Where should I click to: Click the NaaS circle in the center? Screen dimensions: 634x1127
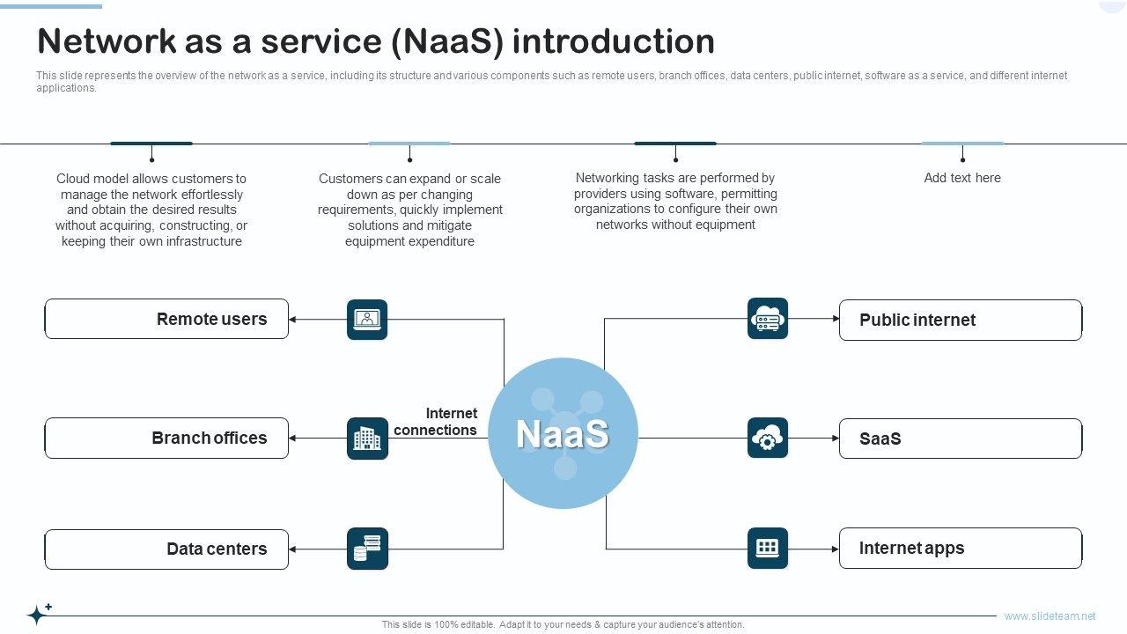pos(563,433)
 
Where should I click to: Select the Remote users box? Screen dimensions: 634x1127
pos(166,319)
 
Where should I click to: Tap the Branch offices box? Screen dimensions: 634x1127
pos(166,438)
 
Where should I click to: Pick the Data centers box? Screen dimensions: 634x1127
pos(166,549)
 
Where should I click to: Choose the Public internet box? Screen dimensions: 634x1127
pos(960,320)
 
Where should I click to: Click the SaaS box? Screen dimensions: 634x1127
pos(960,439)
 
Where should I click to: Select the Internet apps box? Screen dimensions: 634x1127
pos(960,548)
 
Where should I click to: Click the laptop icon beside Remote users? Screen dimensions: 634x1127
pos(367,319)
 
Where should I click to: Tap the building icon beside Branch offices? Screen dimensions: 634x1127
pos(367,438)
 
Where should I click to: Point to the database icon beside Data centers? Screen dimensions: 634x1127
pos(367,549)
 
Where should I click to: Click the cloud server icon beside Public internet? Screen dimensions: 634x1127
pos(768,319)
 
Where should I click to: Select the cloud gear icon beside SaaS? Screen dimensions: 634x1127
pos(768,438)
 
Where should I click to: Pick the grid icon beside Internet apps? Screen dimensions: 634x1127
pos(768,548)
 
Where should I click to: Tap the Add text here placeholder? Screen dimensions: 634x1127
pos(962,178)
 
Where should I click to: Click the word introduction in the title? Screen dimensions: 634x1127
pos(613,41)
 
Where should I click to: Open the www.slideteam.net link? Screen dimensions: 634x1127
pos(1050,616)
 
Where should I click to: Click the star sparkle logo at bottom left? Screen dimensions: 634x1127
pos(39,613)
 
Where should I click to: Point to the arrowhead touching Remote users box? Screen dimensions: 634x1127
pos(293,319)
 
